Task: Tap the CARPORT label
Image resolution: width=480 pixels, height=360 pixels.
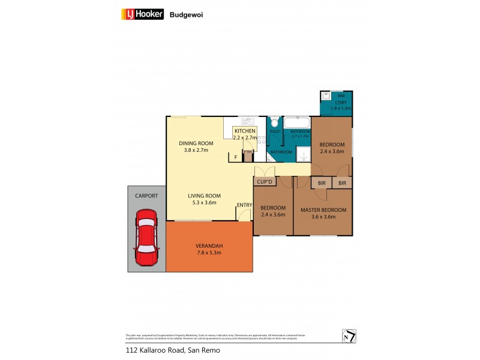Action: [x=147, y=196]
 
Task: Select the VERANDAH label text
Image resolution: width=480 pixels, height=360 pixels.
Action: [x=209, y=246]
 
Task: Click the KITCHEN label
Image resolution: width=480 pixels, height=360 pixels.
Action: [x=245, y=131]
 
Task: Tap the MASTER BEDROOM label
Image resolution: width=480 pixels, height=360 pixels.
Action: [x=323, y=210]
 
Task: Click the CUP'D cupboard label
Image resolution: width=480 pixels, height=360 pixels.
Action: [x=265, y=181]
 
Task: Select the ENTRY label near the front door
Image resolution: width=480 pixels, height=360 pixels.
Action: [x=244, y=205]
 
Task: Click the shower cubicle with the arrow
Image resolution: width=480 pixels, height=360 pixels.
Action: [x=304, y=154]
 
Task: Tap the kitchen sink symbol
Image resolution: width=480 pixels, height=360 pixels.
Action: [x=245, y=120]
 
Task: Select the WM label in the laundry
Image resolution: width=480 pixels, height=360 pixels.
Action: [x=341, y=96]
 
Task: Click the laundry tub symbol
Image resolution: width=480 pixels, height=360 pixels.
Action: [x=327, y=95]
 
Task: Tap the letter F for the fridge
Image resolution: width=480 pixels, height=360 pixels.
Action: [x=236, y=158]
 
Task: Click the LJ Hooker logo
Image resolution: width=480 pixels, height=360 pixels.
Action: [x=143, y=14]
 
